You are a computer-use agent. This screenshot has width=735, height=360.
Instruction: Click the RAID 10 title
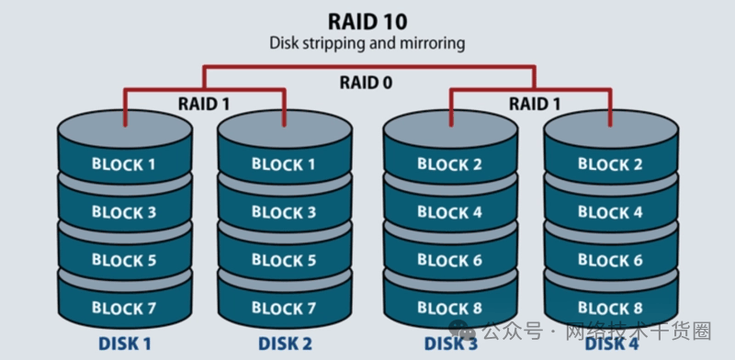point(367,21)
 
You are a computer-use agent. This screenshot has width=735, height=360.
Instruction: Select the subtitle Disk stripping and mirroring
point(367,43)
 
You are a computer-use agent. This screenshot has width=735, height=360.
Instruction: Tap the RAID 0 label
point(366,83)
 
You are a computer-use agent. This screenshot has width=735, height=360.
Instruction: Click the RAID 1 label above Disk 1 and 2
point(204,104)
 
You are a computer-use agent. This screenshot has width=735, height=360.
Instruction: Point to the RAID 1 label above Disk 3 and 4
point(535,104)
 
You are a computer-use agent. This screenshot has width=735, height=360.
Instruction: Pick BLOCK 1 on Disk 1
point(124,164)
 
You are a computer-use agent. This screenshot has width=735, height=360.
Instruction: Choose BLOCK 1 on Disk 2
point(284,164)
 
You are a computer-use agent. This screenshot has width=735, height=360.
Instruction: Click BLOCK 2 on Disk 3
point(449,164)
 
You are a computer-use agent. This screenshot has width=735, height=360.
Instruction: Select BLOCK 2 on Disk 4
point(610,164)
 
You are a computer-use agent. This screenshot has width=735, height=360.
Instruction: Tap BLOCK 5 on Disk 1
point(124,260)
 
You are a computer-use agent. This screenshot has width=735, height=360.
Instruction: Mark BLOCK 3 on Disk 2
point(284,212)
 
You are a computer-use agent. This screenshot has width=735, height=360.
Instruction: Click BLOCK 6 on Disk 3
point(449,260)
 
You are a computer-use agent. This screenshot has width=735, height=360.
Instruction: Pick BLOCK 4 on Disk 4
point(610,212)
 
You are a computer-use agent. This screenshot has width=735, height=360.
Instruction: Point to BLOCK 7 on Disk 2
point(284,308)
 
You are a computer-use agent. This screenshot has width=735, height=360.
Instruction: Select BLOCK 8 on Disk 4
point(610,308)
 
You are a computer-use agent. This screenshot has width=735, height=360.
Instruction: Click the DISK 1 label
point(125,344)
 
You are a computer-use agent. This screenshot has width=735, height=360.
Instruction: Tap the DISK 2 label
point(285,344)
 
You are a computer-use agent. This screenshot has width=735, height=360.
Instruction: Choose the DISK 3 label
point(451,344)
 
